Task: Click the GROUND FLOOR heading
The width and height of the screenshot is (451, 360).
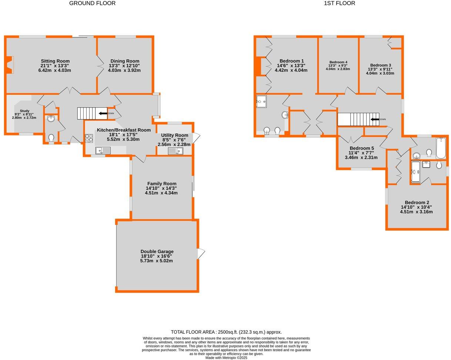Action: (x=92, y=3)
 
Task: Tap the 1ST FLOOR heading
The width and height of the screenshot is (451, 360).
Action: (x=339, y=3)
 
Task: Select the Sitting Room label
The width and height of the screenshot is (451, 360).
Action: (x=55, y=61)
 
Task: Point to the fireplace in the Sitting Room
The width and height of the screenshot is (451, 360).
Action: (x=10, y=65)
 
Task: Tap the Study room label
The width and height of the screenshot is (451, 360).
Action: (x=24, y=111)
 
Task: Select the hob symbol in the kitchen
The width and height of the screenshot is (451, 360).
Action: (x=89, y=138)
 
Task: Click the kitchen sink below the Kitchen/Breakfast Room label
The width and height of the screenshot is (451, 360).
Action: (x=103, y=150)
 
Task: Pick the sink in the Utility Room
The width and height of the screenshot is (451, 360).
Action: (x=175, y=151)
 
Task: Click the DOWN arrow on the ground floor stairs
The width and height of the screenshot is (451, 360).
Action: (x=103, y=113)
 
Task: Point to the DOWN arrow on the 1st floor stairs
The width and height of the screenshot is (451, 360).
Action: (x=375, y=119)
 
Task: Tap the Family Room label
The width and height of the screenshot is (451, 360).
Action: (x=162, y=184)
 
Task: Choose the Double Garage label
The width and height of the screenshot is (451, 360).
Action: (x=156, y=251)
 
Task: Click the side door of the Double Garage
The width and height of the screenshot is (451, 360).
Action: (x=201, y=254)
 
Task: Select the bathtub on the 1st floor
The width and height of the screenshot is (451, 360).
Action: (x=441, y=148)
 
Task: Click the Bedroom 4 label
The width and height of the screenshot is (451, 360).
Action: (x=338, y=62)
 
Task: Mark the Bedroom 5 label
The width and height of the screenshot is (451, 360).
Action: (x=361, y=148)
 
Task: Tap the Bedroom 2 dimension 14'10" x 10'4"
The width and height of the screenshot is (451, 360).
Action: (x=416, y=207)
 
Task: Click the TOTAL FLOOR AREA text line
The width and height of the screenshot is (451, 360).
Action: (x=226, y=332)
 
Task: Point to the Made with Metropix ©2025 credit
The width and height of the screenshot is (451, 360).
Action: (x=226, y=358)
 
